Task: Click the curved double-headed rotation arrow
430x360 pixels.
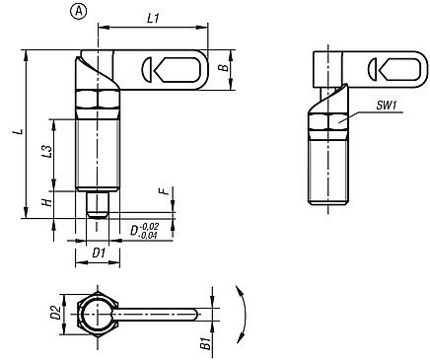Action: coord(240,314)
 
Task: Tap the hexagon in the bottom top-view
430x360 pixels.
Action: coord(98,315)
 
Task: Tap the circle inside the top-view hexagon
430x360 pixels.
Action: coord(97,315)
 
